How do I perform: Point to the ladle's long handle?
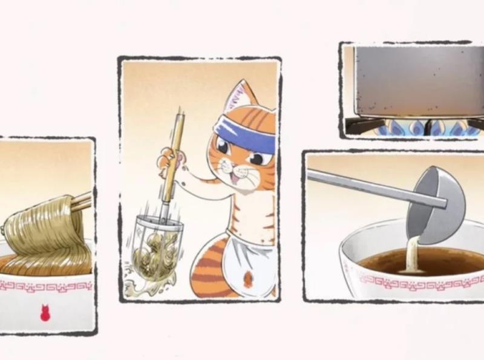[x=363, y=186]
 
